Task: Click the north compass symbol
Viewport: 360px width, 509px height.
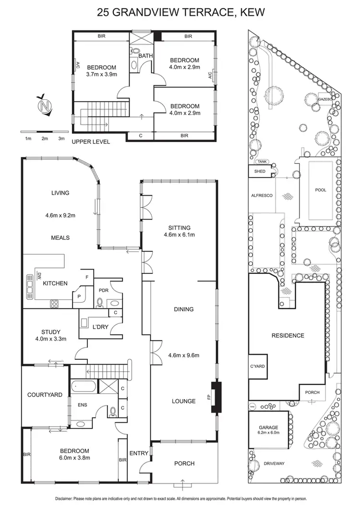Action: tap(45, 105)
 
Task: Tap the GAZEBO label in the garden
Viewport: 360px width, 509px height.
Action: tap(325, 99)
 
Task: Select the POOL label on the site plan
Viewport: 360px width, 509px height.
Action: tap(320, 190)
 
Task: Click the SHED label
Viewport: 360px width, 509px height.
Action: tap(260, 171)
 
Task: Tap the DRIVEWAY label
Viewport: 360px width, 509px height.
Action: tap(274, 463)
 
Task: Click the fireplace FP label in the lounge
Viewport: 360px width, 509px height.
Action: tap(209, 397)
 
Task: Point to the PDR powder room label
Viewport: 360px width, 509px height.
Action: tap(103, 290)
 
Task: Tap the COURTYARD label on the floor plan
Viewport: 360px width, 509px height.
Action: tap(45, 395)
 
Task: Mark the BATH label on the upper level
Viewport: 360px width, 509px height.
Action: tap(145, 56)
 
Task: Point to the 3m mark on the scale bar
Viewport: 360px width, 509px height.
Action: tap(61, 138)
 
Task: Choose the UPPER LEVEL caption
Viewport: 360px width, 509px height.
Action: tap(91, 142)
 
